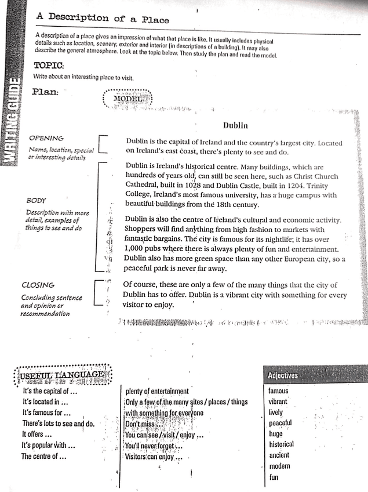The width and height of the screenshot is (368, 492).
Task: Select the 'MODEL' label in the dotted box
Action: (x=127, y=99)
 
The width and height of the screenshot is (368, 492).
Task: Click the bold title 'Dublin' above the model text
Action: (x=235, y=125)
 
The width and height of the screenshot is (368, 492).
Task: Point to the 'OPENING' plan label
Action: (x=46, y=138)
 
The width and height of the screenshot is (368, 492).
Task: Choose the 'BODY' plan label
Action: (x=37, y=200)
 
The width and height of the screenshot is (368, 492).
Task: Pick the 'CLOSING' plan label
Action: (x=38, y=285)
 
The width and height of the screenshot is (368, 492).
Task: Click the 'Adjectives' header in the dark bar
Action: (x=283, y=375)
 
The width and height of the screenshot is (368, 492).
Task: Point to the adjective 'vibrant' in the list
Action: (x=278, y=401)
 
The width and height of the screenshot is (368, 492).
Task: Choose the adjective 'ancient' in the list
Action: (x=279, y=455)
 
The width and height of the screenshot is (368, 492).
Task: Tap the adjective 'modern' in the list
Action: (x=279, y=466)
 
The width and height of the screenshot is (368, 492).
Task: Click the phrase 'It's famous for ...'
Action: (x=46, y=413)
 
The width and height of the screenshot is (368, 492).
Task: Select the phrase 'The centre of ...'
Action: (x=44, y=456)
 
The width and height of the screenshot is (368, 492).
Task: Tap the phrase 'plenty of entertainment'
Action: (x=157, y=391)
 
